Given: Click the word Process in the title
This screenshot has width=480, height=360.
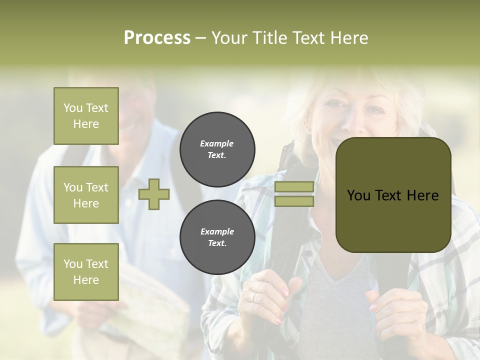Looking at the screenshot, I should tap(157, 38).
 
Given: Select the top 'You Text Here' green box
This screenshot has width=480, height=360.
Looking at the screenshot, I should tap(86, 116).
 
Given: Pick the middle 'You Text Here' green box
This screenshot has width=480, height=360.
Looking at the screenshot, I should tap(86, 195).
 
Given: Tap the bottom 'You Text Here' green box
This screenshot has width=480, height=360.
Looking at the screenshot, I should tap(86, 272).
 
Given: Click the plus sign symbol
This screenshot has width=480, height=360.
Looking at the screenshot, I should tap(154, 194).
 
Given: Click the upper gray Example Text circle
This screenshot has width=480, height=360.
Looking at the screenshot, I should tap(217, 149).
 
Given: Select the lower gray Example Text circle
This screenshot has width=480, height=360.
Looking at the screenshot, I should tap(217, 237).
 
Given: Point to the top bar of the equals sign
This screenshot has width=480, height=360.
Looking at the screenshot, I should tap(294, 187).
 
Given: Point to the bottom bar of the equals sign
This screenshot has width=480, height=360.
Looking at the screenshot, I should tap(294, 201).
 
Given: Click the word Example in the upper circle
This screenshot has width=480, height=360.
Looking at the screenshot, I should tap(217, 143).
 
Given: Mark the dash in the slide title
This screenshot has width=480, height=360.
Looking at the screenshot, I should tap(201, 38).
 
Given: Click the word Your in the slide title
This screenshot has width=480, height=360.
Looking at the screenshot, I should tap(229, 38).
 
